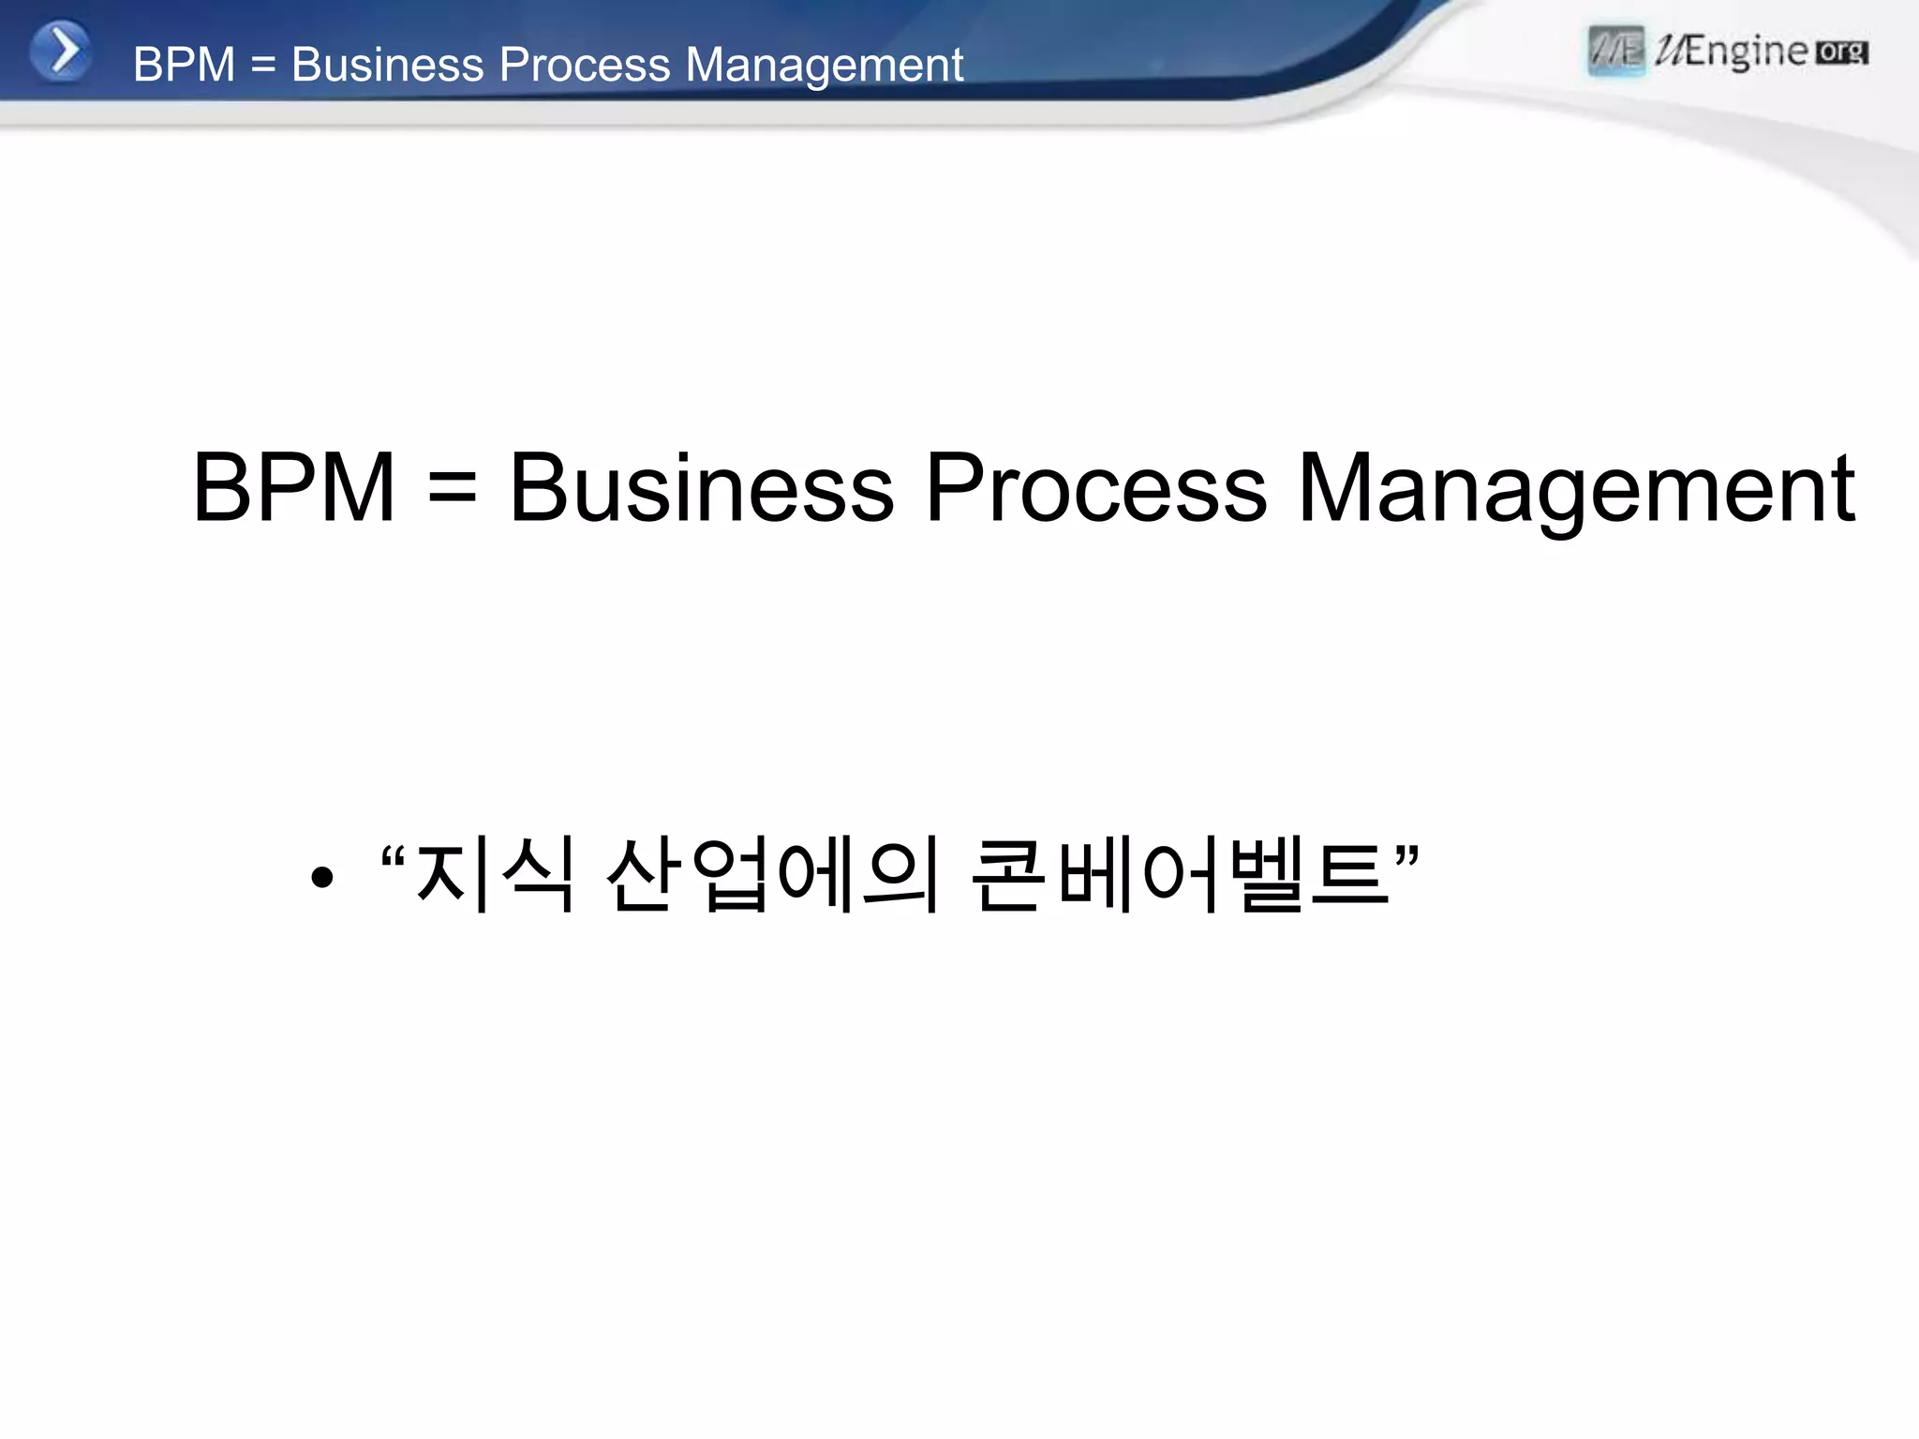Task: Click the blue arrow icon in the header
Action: pyautogui.click(x=61, y=51)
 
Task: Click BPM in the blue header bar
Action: pyautogui.click(x=184, y=65)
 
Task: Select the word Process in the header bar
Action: pyautogui.click(x=585, y=65)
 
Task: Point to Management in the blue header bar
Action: pyautogui.click(x=824, y=66)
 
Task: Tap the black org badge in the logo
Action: pyautogui.click(x=1842, y=52)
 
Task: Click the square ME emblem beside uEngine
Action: pyautogui.click(x=1616, y=51)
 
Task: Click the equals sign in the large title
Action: pyautogui.click(x=453, y=489)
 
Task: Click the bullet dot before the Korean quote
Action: pyautogui.click(x=322, y=878)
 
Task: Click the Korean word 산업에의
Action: pyautogui.click(x=773, y=874)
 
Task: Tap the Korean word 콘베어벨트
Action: pyautogui.click(x=1181, y=874)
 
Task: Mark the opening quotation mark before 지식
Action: pyautogui.click(x=394, y=855)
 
